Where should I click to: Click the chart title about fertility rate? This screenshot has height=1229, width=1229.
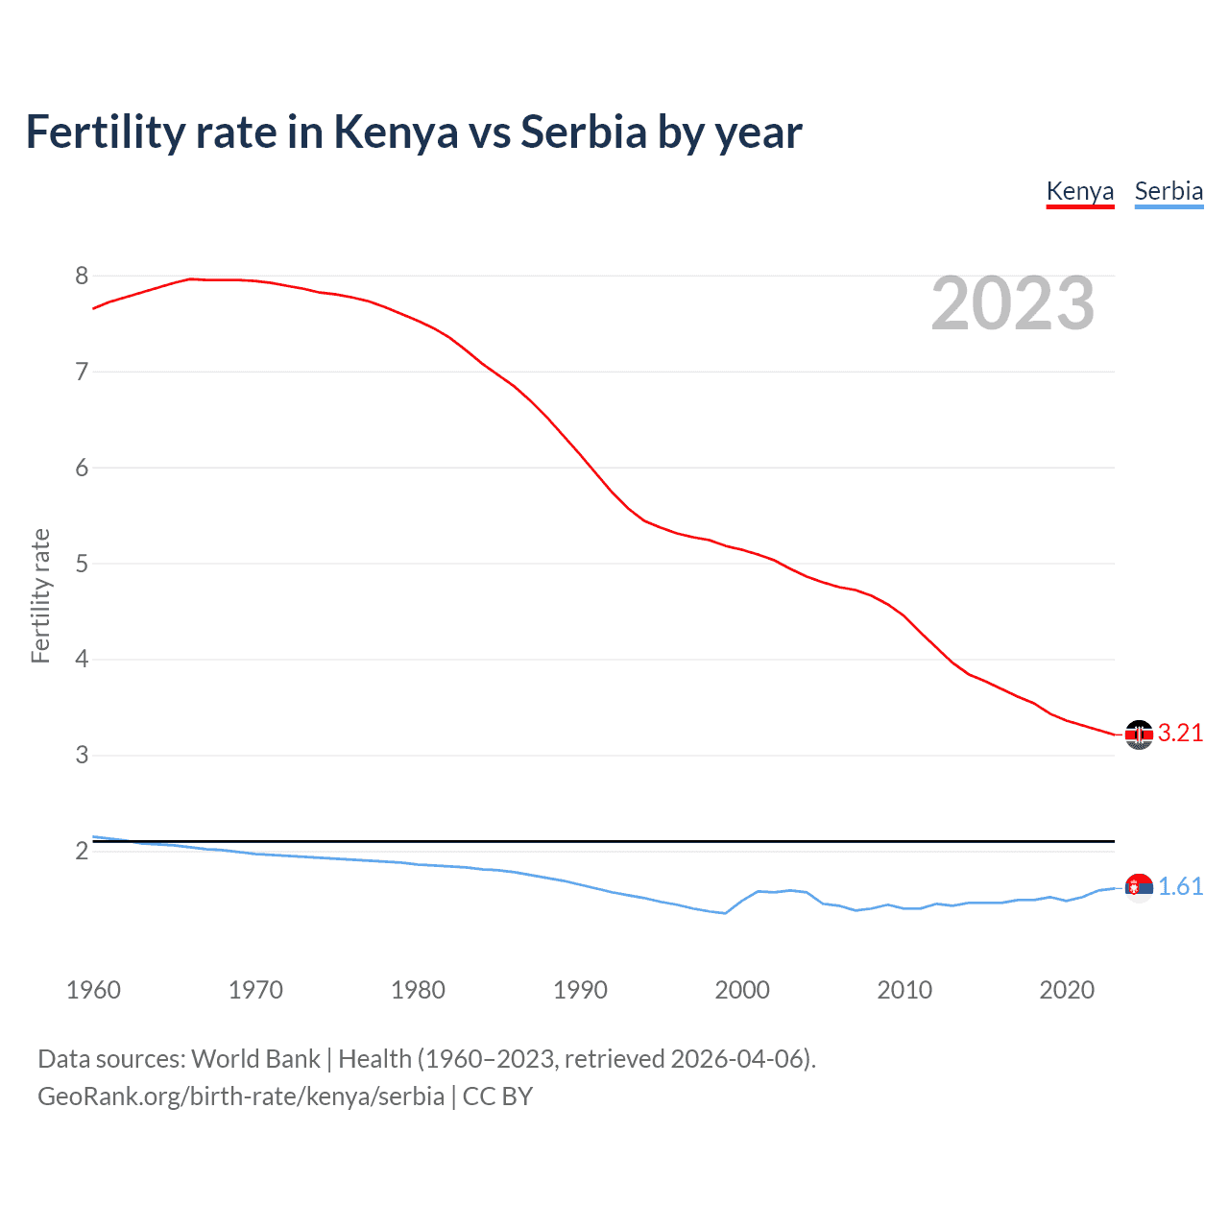click(x=414, y=133)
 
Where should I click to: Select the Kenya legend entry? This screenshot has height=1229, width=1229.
click(x=1079, y=191)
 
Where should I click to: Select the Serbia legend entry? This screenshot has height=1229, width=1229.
click(x=1169, y=191)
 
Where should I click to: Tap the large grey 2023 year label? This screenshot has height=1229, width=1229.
click(x=1012, y=303)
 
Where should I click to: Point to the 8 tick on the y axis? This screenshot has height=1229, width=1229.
click(x=82, y=277)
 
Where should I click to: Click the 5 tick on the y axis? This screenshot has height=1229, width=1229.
click(x=82, y=564)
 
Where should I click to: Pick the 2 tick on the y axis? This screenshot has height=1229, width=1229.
click(x=82, y=851)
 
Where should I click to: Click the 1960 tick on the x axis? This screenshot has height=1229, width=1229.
click(x=93, y=990)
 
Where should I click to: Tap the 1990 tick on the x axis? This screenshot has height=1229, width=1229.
click(x=580, y=990)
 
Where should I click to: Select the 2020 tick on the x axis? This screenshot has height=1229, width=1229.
click(x=1067, y=990)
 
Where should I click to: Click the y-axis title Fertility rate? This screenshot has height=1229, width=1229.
click(x=40, y=595)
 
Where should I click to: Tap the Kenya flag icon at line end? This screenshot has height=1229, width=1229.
click(x=1139, y=735)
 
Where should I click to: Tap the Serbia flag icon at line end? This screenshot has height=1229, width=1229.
click(x=1139, y=888)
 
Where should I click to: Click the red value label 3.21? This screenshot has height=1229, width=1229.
click(x=1180, y=734)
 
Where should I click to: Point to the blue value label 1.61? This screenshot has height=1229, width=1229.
click(x=1180, y=887)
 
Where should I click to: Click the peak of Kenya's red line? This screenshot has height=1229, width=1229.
click(x=190, y=278)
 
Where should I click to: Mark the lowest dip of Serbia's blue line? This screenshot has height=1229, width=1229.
click(x=725, y=913)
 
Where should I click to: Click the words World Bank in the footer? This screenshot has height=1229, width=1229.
click(x=255, y=1059)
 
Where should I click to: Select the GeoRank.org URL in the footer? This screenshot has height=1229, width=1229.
click(x=240, y=1096)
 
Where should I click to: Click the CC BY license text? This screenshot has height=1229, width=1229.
click(x=497, y=1096)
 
